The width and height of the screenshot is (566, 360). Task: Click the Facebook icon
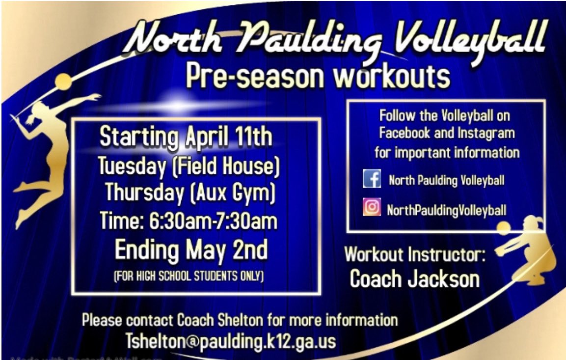[x=372, y=179]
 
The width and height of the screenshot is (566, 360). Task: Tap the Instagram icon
[x=372, y=208]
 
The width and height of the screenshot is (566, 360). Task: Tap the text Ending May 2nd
[x=191, y=250]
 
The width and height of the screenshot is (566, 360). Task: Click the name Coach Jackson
[x=415, y=279]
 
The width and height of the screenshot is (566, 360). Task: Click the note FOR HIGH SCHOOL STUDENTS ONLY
[x=189, y=276]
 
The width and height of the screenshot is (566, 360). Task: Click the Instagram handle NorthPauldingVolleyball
[x=446, y=210]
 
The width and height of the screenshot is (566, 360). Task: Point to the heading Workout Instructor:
[x=415, y=255]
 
